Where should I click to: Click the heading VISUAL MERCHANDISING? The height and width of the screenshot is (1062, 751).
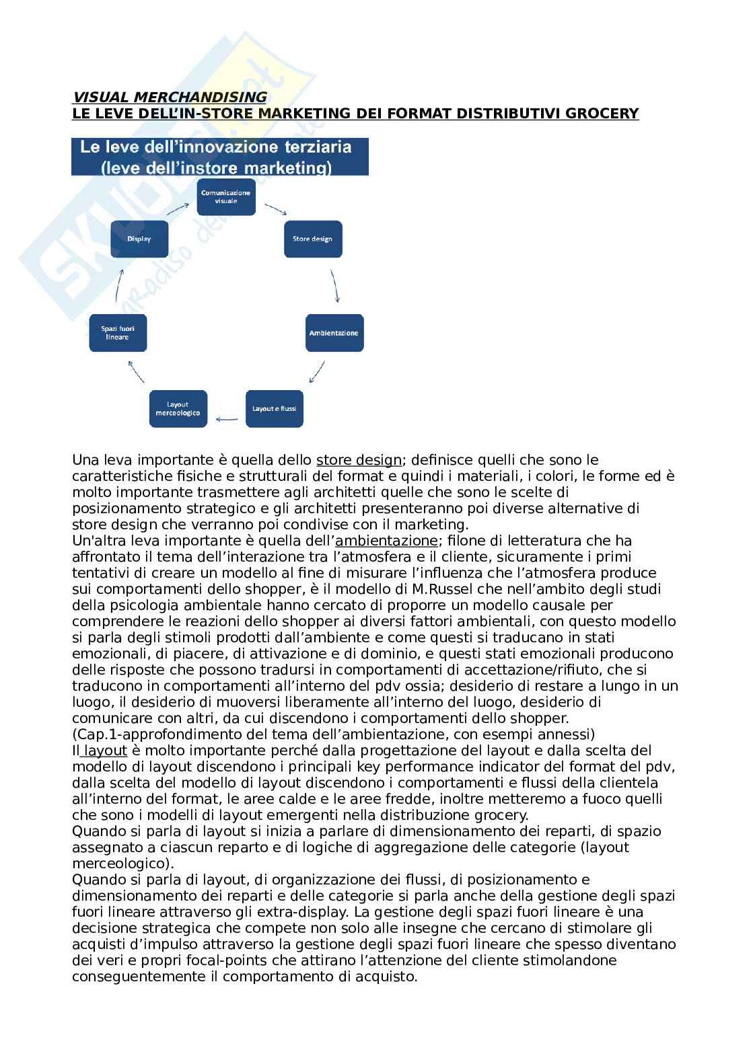coord(169,98)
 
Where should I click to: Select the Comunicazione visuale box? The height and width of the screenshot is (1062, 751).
coord(226,196)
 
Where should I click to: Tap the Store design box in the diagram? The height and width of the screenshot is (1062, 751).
coord(312,239)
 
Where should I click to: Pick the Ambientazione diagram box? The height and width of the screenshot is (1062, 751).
coord(334,333)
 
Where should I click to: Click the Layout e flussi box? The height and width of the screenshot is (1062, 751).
coord(274,408)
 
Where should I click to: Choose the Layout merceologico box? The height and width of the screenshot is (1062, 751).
coord(178,408)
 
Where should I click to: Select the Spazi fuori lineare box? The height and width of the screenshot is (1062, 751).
coord(118,332)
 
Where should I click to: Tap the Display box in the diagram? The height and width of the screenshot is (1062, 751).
coord(139,239)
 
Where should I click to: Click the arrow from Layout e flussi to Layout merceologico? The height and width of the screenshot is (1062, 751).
coord(226,420)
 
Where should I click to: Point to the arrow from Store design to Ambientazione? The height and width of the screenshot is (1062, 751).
coord(335,287)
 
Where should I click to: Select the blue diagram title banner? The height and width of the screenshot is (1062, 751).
coord(220,157)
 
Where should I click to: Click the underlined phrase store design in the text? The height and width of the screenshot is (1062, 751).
coord(359,461)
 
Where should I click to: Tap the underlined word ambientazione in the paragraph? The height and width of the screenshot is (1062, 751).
coord(387,541)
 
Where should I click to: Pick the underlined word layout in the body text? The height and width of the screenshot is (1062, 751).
coord(105,751)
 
